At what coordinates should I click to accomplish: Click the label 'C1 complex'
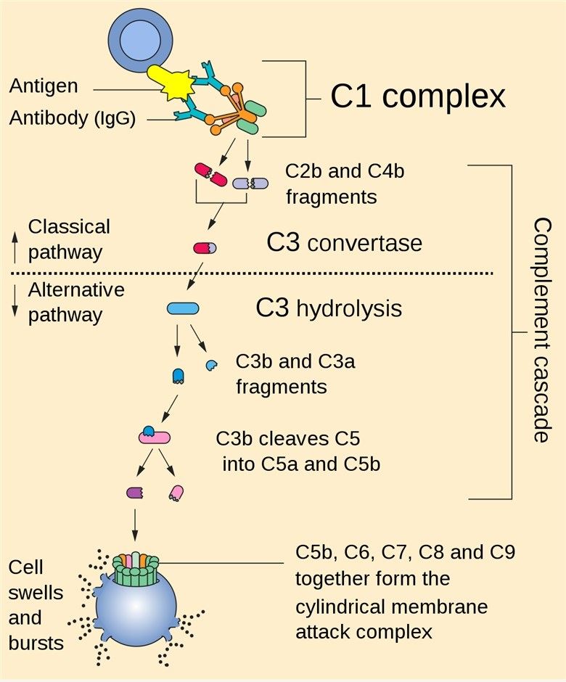coord(417,96)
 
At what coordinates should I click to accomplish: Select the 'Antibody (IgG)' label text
coord(73,118)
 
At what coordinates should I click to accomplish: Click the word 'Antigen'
coord(44,86)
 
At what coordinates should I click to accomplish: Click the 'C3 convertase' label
coord(344,242)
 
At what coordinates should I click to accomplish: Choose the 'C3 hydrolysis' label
coord(329,308)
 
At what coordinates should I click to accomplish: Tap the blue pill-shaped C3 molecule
coord(183,309)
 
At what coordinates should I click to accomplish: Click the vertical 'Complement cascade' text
coord(541,330)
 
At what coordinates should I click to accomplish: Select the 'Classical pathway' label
coord(69,239)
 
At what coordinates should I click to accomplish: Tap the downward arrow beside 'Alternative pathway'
coord(15,302)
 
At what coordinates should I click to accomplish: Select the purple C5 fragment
coord(134,493)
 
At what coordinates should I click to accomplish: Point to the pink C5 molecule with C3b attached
coord(155,436)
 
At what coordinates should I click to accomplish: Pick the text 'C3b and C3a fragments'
coord(296,374)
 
